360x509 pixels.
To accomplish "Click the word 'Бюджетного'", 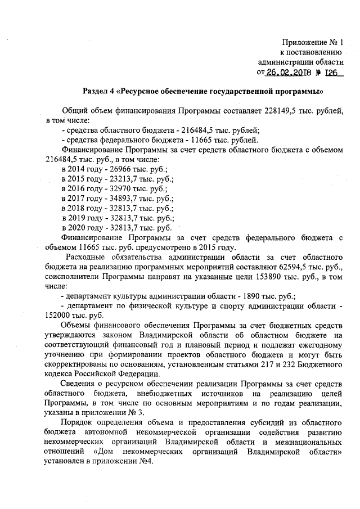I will tap(318, 365).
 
